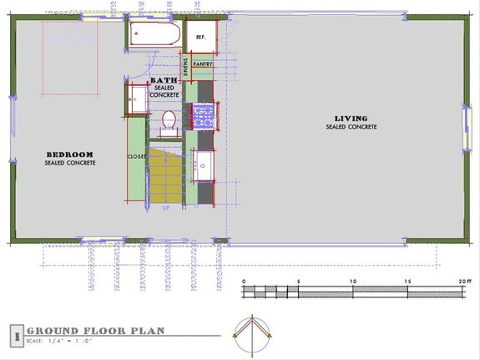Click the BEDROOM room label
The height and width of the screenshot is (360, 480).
coord(68,155)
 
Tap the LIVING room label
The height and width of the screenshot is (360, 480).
coord(351,119)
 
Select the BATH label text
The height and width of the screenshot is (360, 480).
coord(164,80)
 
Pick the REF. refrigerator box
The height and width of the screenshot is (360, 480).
coord(201,38)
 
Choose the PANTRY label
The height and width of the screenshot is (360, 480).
coord(203,63)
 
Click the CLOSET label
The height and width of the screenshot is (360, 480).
coord(137,156)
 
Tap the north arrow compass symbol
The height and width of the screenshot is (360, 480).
coord(251,332)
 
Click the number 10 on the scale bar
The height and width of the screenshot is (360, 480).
coord(353,281)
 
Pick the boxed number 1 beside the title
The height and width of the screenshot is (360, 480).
coord(15,336)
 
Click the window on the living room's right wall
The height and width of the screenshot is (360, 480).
coord(466,125)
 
